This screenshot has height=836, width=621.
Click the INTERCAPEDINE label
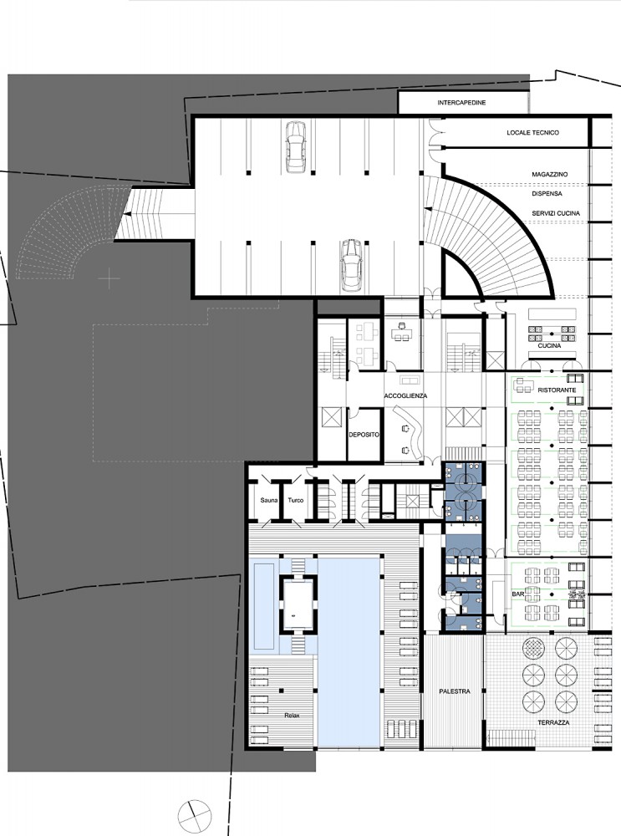[461, 102]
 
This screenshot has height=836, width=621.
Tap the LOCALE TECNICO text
[533, 132]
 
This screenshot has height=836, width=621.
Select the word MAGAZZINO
[550, 175]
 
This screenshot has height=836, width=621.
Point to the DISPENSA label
[547, 194]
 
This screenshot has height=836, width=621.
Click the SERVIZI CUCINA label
[556, 213]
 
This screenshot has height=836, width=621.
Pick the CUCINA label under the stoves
[549, 345]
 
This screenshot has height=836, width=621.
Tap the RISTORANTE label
[557, 390]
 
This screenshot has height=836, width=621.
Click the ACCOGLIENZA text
[405, 396]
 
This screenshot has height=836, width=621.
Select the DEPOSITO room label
[364, 435]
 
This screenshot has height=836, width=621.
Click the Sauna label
[268, 500]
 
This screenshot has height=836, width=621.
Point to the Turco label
[296, 500]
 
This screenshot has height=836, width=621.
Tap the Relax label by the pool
[292, 715]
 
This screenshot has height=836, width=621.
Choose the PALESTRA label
[455, 691]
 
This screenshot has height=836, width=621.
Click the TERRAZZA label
[553, 722]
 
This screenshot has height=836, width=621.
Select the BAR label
[517, 594]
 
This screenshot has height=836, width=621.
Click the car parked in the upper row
[295, 146]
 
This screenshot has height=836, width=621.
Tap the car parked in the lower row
[351, 264]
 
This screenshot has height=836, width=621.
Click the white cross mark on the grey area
[109, 278]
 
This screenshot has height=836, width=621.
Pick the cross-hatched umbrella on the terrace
[533, 649]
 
